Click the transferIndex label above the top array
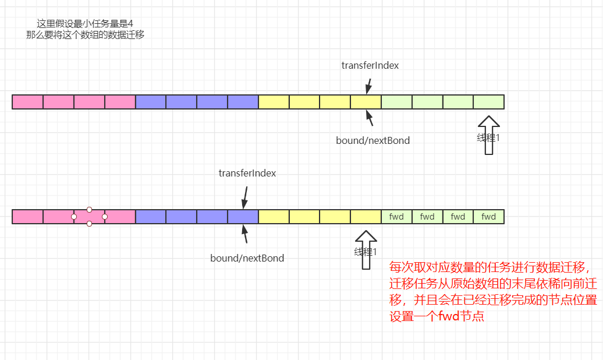coord(370,65)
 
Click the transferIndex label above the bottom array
coord(247,173)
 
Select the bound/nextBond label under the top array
coord(373,140)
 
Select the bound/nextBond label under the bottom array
coord(247,257)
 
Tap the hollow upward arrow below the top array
coord(488,135)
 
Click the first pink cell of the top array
coord(27,102)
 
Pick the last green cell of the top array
coord(488,102)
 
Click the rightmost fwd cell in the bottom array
coord(488,217)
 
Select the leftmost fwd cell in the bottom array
coord(396,217)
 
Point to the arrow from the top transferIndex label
coord(368,86)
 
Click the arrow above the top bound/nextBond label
coord(370,118)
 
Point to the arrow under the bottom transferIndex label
coord(245,197)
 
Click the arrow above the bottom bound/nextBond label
coord(245,234)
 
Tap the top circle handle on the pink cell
coord(89,209)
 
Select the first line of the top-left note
coord(85,24)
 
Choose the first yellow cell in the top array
coord(274,102)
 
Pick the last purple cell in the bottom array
coord(243,217)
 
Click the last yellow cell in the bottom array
coord(366,217)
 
